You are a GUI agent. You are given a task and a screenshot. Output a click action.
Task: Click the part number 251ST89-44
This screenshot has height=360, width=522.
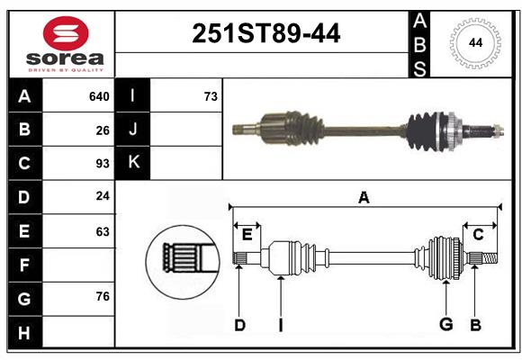[266, 34]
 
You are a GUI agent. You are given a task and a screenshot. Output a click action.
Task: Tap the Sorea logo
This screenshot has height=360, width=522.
[66, 45]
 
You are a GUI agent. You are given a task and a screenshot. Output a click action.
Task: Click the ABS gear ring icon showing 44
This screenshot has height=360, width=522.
[475, 42]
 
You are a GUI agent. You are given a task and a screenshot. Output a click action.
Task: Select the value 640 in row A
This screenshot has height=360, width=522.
[99, 96]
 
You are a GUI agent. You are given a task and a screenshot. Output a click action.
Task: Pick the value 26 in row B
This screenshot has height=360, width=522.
[103, 130]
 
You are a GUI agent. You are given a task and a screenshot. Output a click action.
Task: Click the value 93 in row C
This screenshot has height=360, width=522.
[103, 164]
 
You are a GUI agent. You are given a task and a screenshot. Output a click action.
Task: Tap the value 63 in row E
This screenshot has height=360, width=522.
[103, 231]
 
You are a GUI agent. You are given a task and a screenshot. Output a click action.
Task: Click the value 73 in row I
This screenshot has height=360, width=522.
[211, 96]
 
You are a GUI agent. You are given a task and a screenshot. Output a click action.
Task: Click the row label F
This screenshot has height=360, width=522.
[24, 265]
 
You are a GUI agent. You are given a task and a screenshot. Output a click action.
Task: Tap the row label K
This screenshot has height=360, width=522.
[132, 162]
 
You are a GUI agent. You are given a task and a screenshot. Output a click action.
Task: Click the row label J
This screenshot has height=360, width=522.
[132, 130]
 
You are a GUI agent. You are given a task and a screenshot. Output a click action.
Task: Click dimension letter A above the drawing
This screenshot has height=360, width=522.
[364, 197]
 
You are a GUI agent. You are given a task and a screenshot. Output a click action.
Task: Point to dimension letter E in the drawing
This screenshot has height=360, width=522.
[247, 235]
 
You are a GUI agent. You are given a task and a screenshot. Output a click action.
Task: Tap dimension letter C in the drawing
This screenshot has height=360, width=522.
[478, 235]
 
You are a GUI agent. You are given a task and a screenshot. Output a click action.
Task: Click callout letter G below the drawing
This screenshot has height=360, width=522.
[445, 324]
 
